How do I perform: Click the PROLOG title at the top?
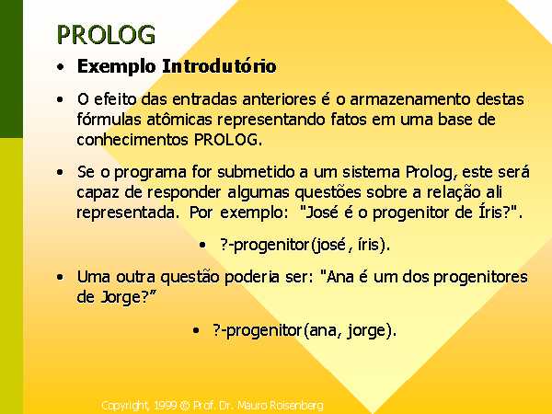tap(106, 35)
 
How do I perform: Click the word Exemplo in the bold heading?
tap(116, 66)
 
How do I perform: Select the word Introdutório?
tap(219, 66)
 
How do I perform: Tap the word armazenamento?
tap(410, 99)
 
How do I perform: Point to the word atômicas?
tap(179, 119)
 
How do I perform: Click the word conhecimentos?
tap(132, 140)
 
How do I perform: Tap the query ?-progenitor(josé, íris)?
tap(305, 245)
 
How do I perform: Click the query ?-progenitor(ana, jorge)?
tap(305, 331)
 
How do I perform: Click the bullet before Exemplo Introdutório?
tap(61, 66)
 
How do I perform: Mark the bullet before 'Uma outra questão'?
tap(60, 277)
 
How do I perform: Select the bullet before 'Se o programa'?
tap(60, 173)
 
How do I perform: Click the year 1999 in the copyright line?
tap(166, 406)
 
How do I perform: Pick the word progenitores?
tap(480, 278)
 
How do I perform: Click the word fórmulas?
tap(109, 119)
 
